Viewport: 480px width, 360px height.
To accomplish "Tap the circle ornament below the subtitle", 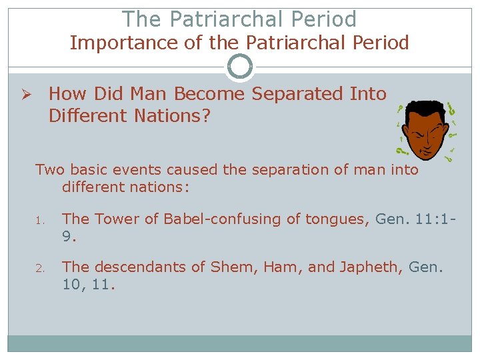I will (x=240, y=67).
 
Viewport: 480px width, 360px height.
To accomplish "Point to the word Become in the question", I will (x=213, y=94).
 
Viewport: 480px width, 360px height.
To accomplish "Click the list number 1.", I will (x=39, y=219).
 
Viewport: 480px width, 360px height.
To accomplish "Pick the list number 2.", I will (x=39, y=269).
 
